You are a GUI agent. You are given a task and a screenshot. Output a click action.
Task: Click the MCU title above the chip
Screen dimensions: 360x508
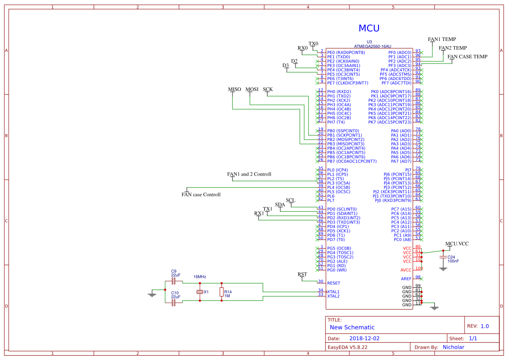point(369,29)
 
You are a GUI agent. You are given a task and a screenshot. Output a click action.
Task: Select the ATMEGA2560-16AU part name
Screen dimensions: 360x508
point(372,46)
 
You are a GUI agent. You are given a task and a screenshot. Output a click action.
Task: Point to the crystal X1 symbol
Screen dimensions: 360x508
point(200,292)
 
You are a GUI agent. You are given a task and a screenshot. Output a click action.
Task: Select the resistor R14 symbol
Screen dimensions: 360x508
point(222,292)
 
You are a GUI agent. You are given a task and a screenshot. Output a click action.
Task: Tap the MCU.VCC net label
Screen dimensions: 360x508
point(457,243)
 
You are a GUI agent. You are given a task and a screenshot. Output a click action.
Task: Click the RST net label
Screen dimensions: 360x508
point(302,274)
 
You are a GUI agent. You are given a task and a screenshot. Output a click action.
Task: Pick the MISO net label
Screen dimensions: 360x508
point(235,90)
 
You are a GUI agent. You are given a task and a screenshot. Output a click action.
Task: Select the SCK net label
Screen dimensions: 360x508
point(268,90)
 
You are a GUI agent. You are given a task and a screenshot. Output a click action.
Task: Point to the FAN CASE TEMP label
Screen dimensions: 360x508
point(468,57)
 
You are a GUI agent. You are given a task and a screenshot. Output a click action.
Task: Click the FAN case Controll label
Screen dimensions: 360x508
point(201,194)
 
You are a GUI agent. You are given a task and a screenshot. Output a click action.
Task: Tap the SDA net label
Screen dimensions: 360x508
point(280,204)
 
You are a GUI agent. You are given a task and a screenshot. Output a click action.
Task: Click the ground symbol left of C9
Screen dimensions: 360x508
point(152,294)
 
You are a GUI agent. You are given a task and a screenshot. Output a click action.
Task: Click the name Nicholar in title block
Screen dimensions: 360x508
point(453,347)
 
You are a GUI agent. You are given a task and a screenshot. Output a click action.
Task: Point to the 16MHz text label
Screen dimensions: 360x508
point(200,277)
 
